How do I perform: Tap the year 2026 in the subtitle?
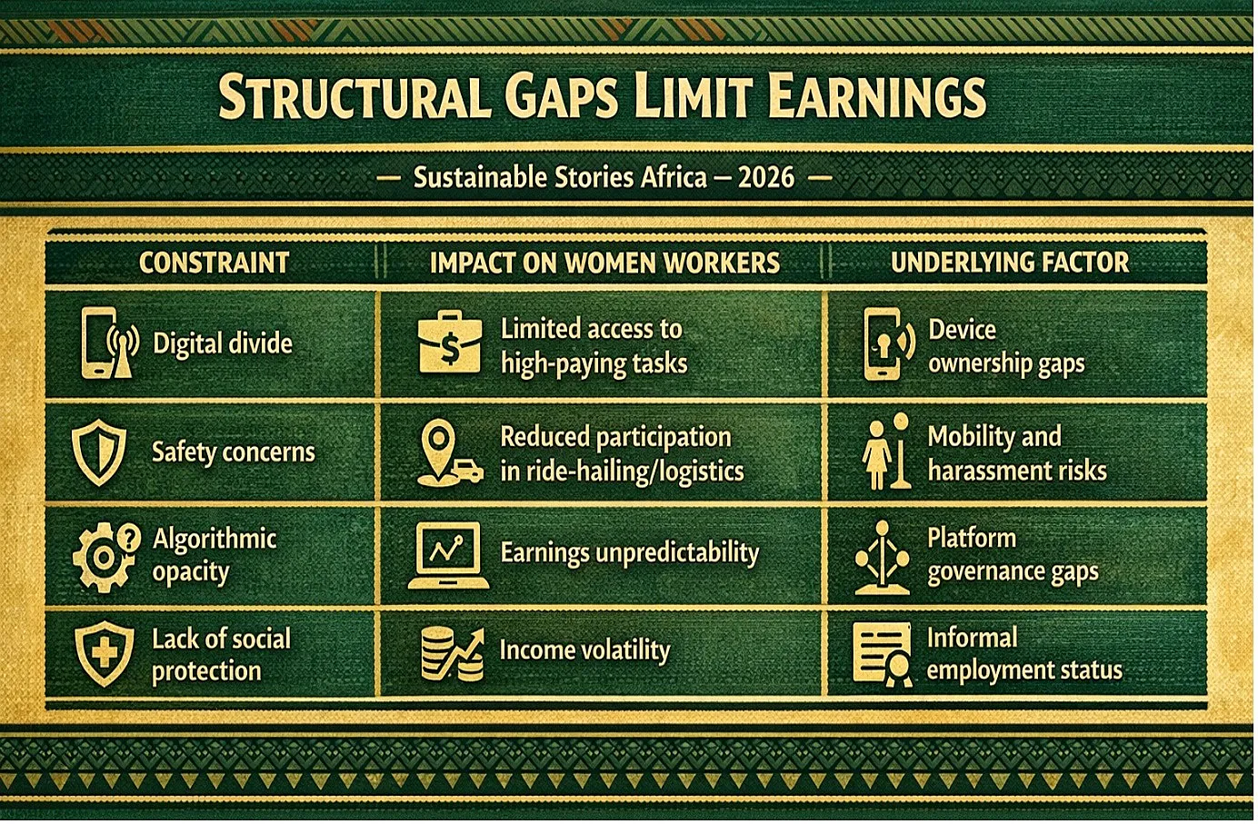[766, 177]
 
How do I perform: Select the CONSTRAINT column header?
[214, 263]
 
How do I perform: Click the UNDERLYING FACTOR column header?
[1009, 263]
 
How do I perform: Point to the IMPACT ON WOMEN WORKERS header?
[604, 263]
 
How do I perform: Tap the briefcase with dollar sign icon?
[450, 342]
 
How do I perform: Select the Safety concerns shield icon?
[99, 452]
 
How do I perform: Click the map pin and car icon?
[449, 452]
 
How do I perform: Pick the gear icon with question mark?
[106, 556]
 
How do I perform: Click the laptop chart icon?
[448, 555]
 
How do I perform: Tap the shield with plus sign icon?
[105, 653]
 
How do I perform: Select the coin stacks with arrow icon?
[452, 653]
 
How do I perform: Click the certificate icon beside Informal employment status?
[883, 654]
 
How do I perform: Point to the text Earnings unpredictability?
[630, 553]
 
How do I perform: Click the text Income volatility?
[584, 650]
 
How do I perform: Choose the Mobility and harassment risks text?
[1017, 453]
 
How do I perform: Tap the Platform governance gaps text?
[1013, 555]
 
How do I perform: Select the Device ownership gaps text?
[1006, 346]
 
